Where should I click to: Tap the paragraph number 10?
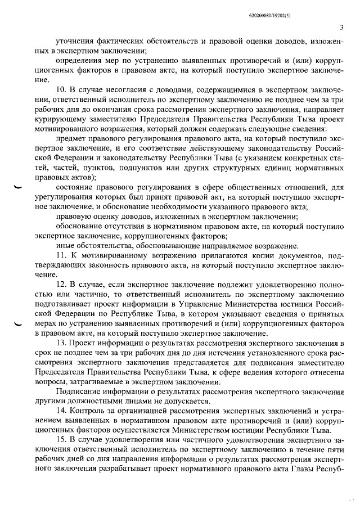pos(62,89)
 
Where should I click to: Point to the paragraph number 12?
pos(62,285)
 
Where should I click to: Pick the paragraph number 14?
pos(62,412)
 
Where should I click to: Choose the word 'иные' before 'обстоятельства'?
pos(65,246)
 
